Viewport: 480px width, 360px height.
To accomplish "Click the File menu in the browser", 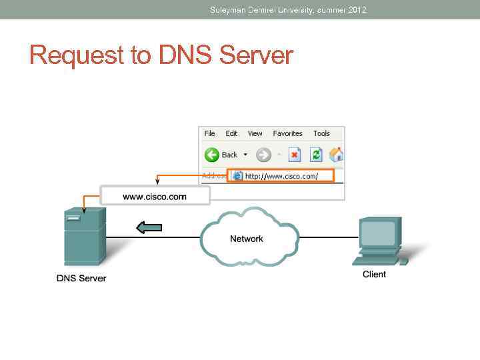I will point(209,133).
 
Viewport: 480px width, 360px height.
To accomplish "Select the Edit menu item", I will point(231,133).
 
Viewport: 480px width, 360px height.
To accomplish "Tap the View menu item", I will point(255,133).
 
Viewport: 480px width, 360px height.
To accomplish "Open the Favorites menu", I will point(287,133).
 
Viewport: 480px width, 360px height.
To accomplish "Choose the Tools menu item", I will point(321,133).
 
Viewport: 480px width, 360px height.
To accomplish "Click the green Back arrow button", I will point(213,155).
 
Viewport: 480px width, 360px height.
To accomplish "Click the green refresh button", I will point(316,155).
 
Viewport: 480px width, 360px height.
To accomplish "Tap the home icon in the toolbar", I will point(337,155).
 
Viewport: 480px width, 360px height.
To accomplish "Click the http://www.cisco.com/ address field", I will point(280,176).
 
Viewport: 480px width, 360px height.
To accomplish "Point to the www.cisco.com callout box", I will point(155,197).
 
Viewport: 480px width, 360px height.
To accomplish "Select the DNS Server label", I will point(81,278).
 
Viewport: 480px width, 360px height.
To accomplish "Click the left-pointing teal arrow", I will point(149,228).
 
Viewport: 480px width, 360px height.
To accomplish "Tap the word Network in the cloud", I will point(247,239).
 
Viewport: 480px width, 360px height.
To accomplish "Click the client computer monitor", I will point(378,234).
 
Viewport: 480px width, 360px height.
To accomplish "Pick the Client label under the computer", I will point(374,274).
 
